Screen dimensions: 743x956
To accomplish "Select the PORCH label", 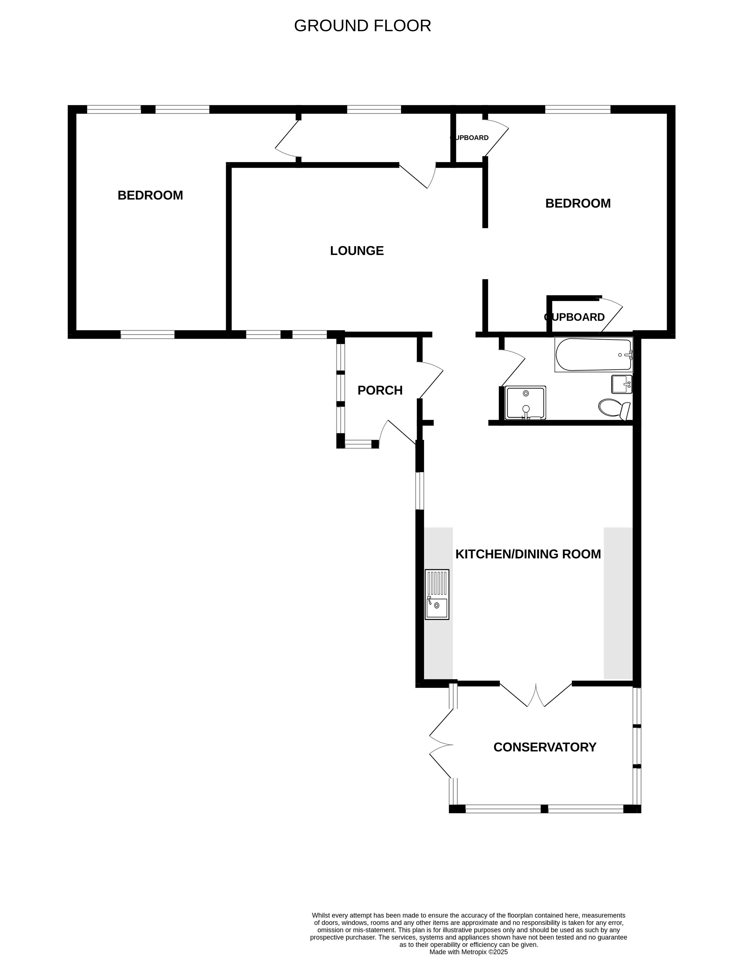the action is point(380,390).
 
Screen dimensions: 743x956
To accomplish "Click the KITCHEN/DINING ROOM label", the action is point(528,554).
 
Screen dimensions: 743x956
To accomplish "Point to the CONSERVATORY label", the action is point(545,747).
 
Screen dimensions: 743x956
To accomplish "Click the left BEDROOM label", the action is point(150,195).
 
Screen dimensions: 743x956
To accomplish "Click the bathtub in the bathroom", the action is point(594,354).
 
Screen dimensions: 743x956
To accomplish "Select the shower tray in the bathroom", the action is point(525,403).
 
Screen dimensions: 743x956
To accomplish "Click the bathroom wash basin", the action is point(622,384).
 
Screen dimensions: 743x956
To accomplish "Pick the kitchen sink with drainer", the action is point(437,595).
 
